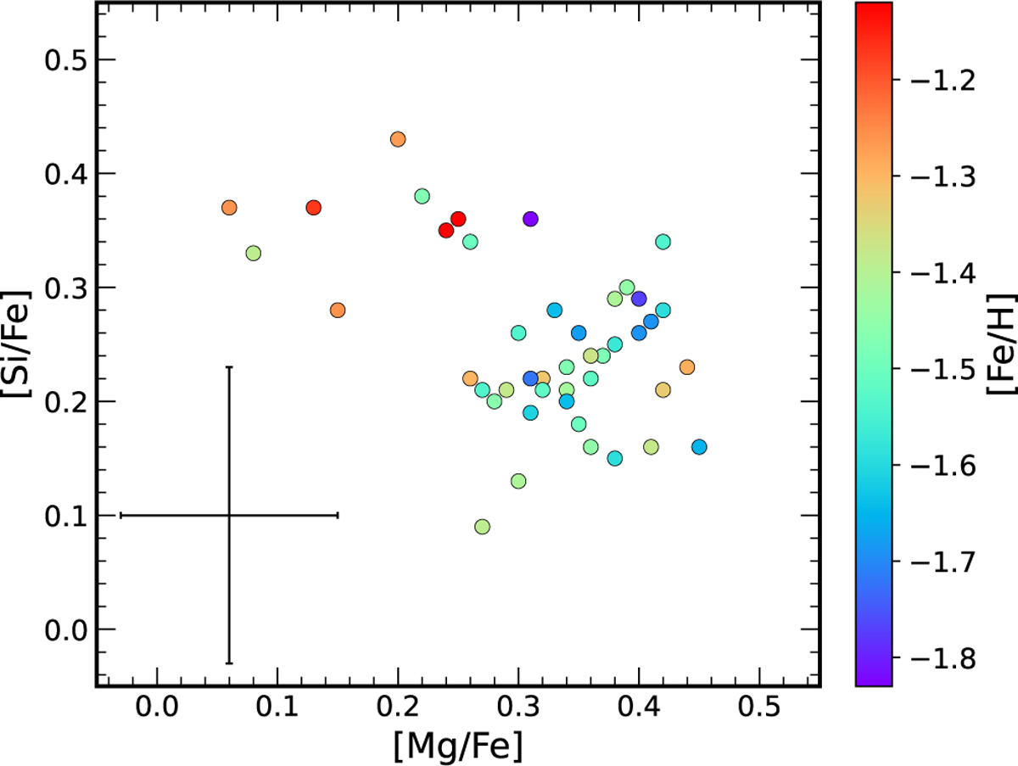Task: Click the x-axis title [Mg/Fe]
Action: (x=457, y=746)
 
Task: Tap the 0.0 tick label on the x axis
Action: (x=156, y=708)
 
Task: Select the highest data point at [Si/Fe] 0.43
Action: (x=398, y=139)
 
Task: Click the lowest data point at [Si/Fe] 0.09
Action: (x=482, y=527)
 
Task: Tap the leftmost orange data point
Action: (x=229, y=208)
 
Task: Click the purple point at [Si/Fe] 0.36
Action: (x=531, y=219)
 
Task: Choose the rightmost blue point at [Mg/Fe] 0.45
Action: (x=699, y=447)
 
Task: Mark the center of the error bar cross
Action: (x=229, y=515)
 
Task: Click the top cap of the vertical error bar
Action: (x=229, y=367)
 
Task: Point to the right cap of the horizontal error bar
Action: (x=338, y=515)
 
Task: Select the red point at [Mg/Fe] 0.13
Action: (x=313, y=208)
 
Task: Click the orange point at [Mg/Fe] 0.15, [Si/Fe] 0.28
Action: (x=338, y=310)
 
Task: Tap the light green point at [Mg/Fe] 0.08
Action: (x=253, y=253)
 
